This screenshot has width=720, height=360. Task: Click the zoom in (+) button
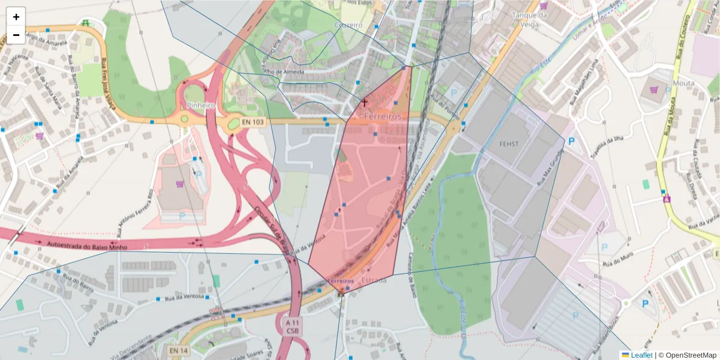[16, 17]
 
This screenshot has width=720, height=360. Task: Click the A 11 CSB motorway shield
[292, 326]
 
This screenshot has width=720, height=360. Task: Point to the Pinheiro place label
[200, 105]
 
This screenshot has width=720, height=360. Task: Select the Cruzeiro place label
[348, 25]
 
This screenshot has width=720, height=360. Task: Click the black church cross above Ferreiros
[364, 103]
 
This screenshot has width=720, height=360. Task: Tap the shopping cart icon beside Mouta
[653, 90]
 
